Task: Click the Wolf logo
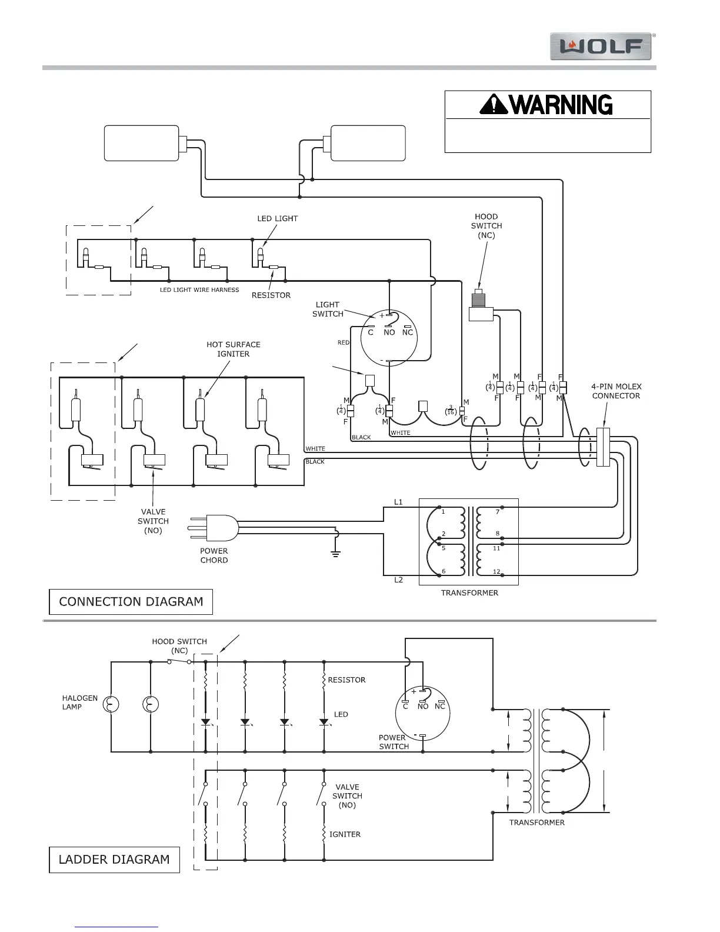[601, 46]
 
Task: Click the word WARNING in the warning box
[561, 105]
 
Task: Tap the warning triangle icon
[493, 105]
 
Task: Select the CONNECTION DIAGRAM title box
[131, 602]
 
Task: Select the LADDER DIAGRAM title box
[114, 860]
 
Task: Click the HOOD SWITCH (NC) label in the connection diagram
[486, 226]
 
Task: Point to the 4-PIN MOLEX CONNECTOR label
[616, 391]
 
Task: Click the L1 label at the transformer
[398, 502]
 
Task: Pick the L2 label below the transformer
[398, 580]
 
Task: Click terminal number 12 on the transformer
[497, 572]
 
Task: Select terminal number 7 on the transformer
[497, 512]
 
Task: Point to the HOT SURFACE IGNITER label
[234, 349]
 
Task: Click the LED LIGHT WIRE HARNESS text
[199, 289]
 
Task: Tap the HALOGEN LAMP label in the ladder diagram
[80, 703]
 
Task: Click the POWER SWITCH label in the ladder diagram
[394, 742]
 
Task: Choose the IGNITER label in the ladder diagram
[345, 834]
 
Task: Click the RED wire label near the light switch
[344, 342]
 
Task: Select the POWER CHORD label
[214, 555]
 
